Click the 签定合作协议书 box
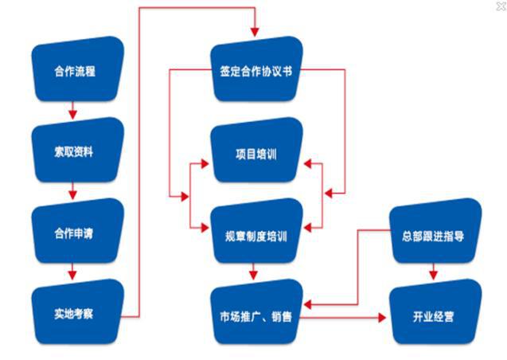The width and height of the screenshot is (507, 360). coord(256,71)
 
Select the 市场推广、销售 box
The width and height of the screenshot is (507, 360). coord(256,316)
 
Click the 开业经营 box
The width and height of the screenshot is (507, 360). coord(435,316)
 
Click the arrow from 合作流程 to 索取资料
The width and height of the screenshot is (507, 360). coord(72,108)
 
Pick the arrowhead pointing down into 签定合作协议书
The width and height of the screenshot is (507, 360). coord(254,32)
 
